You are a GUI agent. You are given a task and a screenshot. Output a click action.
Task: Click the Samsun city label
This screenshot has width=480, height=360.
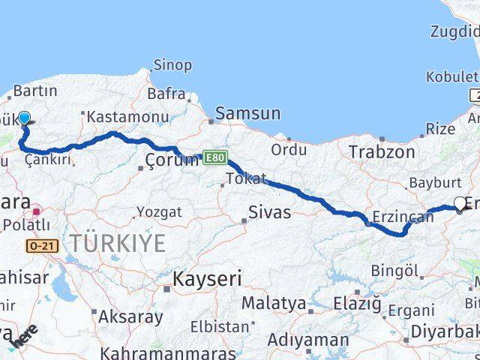click(x=247, y=114)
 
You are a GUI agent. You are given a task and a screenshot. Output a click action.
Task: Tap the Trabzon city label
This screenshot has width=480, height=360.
click(x=381, y=151)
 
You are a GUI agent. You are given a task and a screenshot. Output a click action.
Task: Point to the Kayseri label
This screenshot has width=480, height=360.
click(x=208, y=280)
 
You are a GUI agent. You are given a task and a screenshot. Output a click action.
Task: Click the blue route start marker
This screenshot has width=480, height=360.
click(x=24, y=118)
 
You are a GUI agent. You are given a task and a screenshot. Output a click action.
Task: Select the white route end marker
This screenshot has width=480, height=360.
click(x=460, y=202)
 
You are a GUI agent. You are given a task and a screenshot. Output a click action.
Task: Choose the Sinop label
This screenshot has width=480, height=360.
click(x=172, y=65)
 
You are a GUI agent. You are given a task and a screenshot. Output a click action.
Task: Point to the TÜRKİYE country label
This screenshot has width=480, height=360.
click(x=118, y=242)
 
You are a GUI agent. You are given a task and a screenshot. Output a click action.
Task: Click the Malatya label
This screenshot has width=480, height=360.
click(x=273, y=304)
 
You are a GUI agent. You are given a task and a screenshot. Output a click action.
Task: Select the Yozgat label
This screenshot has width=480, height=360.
click(x=159, y=212)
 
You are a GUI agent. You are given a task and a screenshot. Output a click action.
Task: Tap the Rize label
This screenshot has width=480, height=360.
click(x=440, y=129)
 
